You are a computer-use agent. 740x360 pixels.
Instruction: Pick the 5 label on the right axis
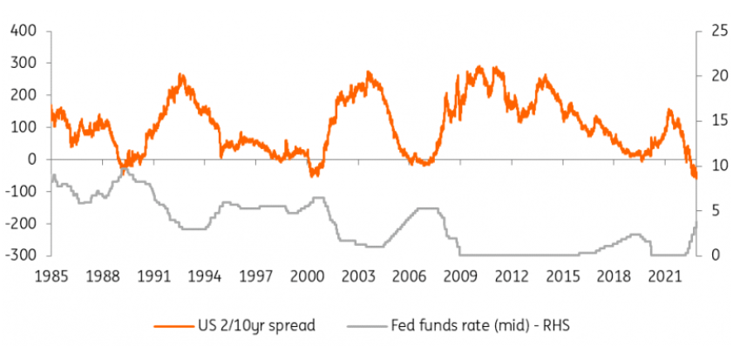coord(713,210)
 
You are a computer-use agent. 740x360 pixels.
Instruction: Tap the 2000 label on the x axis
coord(307,276)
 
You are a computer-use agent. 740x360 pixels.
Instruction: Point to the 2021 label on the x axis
coord(667,276)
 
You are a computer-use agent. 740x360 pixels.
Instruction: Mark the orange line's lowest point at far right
coord(696,179)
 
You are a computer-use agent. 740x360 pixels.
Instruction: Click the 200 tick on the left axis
coord(22,95)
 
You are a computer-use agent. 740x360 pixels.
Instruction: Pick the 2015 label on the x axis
coord(564,276)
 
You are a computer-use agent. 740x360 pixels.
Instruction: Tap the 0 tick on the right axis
coord(713,255)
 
